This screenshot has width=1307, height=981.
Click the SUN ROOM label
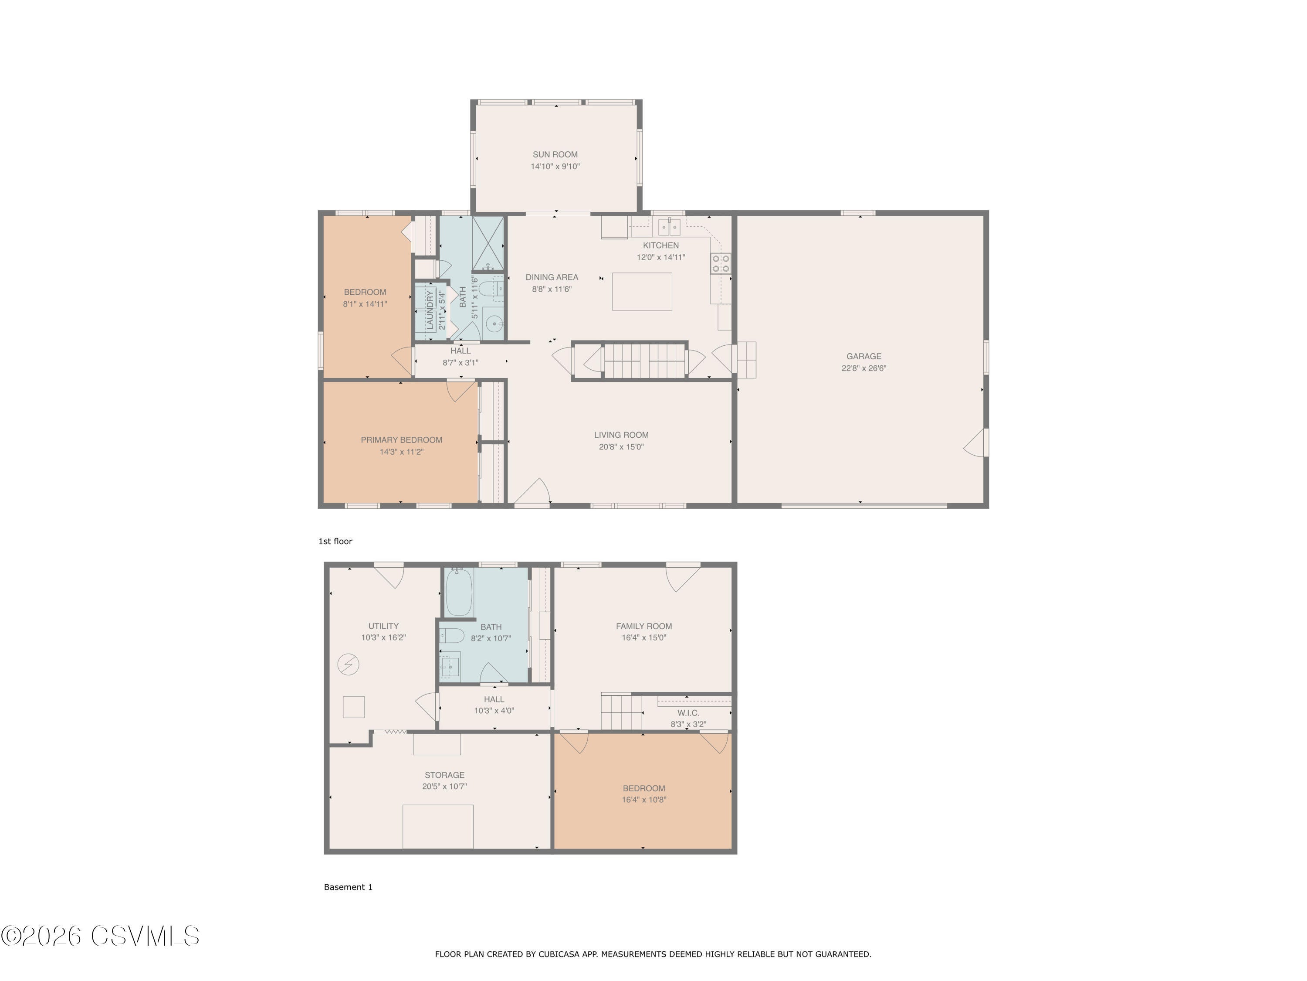tap(555, 154)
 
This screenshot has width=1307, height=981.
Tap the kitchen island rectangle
tap(642, 292)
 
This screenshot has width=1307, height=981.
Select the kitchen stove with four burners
tap(720, 263)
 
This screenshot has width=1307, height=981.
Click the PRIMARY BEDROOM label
tap(401, 440)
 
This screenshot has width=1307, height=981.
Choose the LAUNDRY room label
tap(430, 310)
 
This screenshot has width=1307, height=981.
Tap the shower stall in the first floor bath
tap(488, 236)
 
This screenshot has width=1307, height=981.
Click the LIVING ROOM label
tap(621, 435)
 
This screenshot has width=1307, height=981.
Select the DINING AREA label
tap(551, 277)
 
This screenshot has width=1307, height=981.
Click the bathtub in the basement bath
tap(458, 593)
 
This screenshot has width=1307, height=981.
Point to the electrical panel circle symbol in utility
tap(348, 664)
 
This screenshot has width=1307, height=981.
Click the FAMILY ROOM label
tap(643, 626)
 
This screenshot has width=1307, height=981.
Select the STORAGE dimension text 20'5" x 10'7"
tap(444, 787)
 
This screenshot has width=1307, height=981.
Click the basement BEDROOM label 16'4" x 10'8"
tap(643, 788)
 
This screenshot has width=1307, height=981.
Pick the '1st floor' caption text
tap(335, 541)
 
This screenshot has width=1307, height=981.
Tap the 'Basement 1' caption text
tap(348, 887)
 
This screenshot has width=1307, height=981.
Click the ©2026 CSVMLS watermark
tap(101, 936)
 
